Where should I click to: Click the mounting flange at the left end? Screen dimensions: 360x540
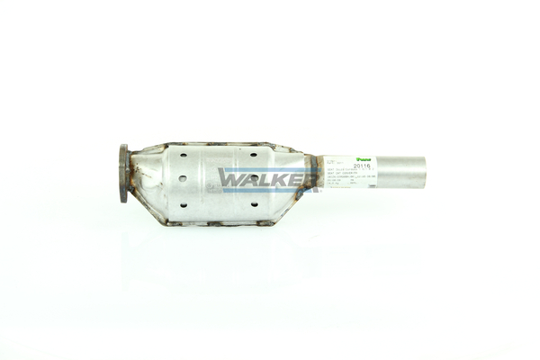[123, 174]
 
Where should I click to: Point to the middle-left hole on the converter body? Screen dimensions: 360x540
[183, 178]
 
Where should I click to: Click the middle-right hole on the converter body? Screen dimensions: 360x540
[255, 178]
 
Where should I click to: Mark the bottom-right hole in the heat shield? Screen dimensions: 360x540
[254, 204]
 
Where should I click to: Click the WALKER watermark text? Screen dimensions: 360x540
[268, 179]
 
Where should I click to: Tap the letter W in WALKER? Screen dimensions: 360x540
[229, 179]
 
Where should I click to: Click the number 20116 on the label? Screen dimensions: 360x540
[363, 166]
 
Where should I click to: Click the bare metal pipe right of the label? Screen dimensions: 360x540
[401, 172]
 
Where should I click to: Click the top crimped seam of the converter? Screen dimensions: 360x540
[216, 144]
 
